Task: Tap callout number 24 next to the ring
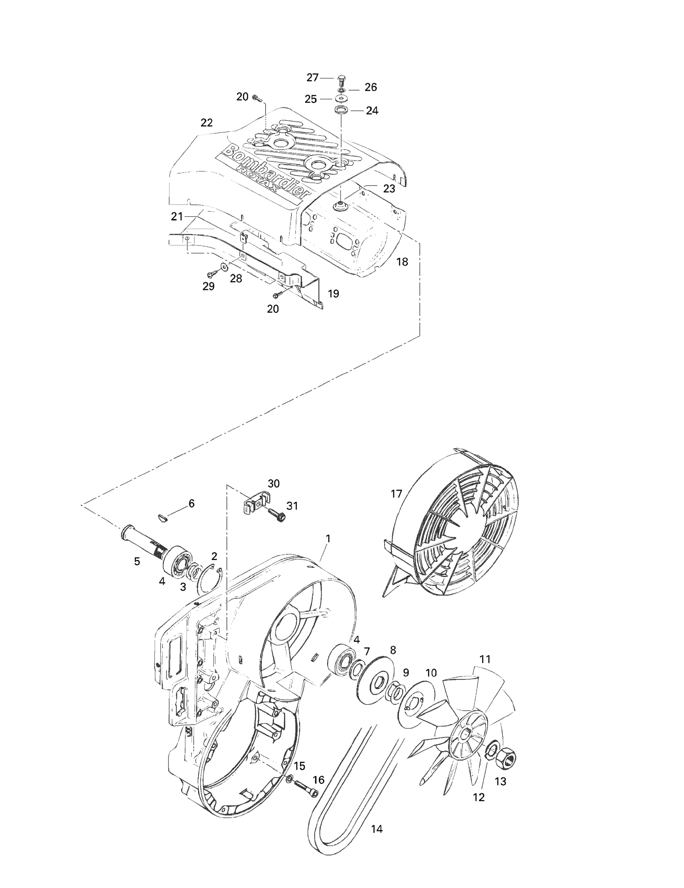[x=372, y=111]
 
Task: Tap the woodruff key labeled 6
[x=161, y=517]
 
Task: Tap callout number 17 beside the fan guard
[x=396, y=494]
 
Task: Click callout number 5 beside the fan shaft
[x=137, y=562]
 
